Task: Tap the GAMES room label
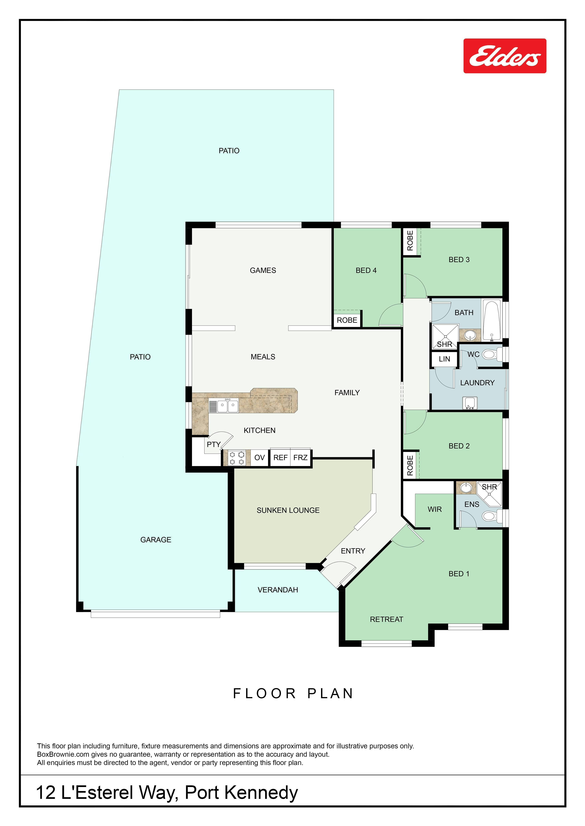(x=263, y=270)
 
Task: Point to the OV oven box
(x=259, y=458)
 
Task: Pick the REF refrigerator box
(x=280, y=458)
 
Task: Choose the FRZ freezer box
(x=300, y=458)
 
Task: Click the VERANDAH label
(x=278, y=590)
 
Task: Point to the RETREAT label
(x=386, y=619)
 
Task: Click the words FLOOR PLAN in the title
(x=293, y=693)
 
